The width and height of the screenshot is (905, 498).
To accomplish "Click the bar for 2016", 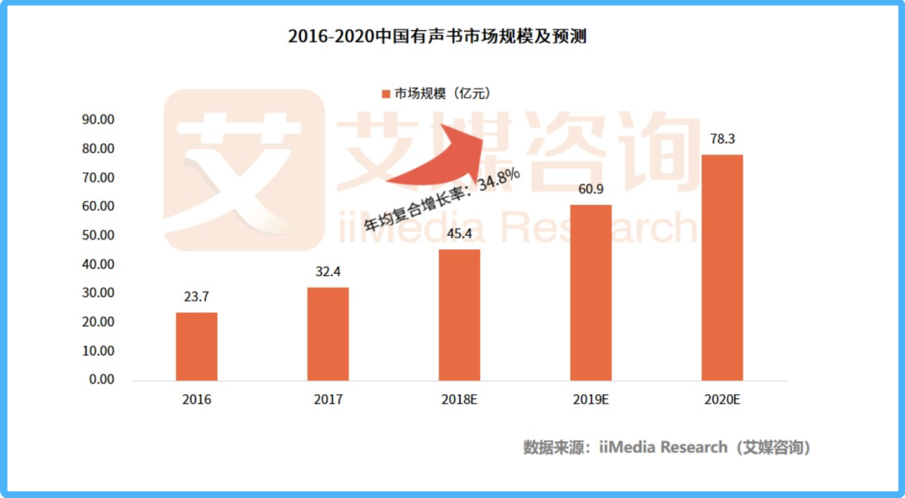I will [196, 347].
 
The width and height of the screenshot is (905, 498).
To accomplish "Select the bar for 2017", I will [328, 334].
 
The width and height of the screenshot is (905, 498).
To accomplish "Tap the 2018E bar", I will [459, 315].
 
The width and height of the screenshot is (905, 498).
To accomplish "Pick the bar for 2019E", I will [591, 292].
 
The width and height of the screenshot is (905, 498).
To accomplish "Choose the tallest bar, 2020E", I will [721, 267].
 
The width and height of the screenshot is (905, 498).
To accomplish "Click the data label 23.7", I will [196, 296].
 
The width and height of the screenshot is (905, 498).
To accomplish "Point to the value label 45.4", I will [459, 233].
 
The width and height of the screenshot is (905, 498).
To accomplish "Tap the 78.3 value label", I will [721, 139].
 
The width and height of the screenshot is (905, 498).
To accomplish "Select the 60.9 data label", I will [591, 188].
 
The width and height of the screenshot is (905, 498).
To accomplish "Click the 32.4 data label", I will [328, 271].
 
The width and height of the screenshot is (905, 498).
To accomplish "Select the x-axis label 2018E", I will [459, 400].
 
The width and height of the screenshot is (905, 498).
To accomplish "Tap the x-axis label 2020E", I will [721, 400].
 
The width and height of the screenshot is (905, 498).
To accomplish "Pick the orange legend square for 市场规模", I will [386, 94].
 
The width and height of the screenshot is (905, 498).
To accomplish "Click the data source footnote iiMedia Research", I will [667, 448].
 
